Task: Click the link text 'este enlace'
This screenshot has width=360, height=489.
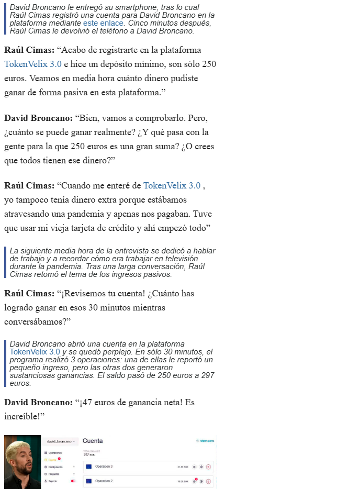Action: click(104, 23)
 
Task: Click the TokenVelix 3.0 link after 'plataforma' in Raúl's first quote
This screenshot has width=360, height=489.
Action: click(33, 64)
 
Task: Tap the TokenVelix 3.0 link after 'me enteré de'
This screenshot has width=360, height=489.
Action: click(172, 185)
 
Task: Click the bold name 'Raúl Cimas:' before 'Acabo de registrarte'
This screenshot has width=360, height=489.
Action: click(29, 50)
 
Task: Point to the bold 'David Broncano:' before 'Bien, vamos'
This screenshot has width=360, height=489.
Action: click(38, 118)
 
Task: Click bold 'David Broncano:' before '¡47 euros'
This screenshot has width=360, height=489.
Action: click(38, 402)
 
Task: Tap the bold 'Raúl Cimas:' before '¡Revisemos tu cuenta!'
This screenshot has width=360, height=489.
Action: click(29, 293)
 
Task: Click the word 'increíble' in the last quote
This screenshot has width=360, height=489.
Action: click(24, 417)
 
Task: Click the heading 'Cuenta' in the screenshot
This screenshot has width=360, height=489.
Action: click(93, 441)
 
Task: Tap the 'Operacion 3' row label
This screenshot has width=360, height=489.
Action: click(104, 466)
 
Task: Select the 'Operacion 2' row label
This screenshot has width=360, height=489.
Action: click(104, 481)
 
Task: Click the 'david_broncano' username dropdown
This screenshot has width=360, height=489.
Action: click(60, 441)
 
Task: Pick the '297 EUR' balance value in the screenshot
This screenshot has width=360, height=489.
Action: click(88, 454)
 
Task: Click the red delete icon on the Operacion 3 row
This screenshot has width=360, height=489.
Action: click(208, 466)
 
